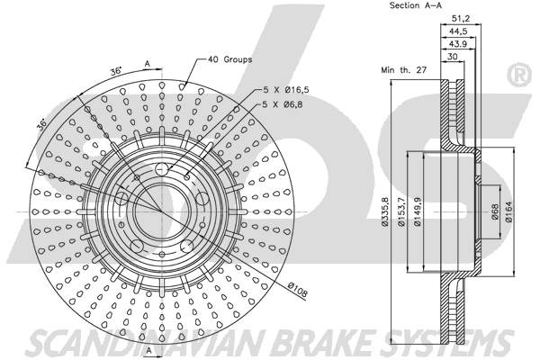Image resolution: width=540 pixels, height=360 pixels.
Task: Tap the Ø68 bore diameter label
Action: tap(495, 212)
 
